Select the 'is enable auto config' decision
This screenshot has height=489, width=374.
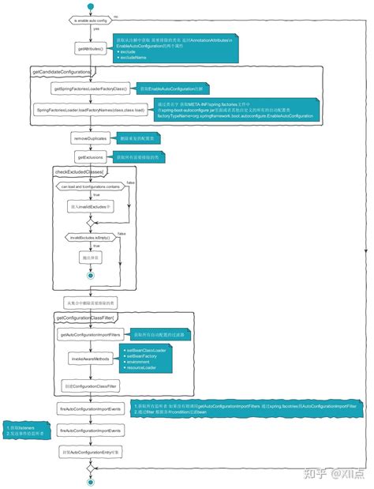click(92, 18)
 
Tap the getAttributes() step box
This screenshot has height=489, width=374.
click(92, 49)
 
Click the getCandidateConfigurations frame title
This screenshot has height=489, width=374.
click(61, 72)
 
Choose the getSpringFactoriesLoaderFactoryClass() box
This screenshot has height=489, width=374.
click(92, 88)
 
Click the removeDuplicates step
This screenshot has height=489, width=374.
click(92, 137)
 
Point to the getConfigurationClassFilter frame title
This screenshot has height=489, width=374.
click(86, 318)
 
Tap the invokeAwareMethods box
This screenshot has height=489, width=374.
click(92, 359)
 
